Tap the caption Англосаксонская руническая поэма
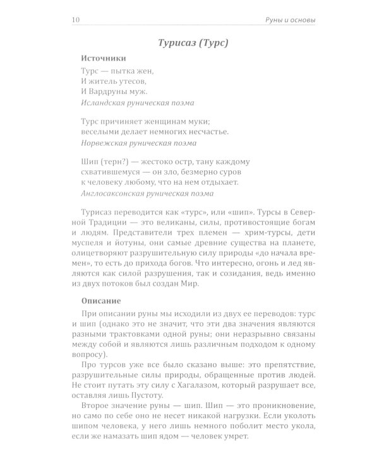(x=147, y=194)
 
